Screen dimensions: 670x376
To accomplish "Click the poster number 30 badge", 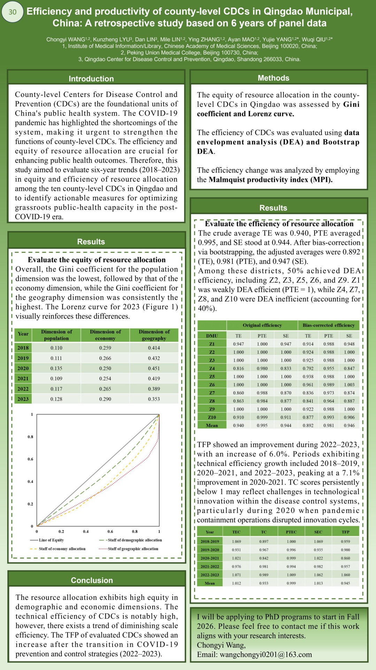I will tap(13, 12).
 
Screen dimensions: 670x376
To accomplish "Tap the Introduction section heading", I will tap(91, 79).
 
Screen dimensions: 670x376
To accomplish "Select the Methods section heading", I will tap(273, 78).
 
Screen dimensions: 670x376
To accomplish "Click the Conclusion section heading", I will tap(92, 580).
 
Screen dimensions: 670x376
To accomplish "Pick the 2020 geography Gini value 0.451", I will tap(154, 368).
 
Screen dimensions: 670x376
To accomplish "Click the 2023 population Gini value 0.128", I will tap(56, 399).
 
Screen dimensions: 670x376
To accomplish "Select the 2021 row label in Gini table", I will tap(23, 378).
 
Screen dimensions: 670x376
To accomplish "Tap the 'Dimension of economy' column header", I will tap(105, 335).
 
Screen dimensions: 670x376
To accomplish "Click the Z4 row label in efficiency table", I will tap(212, 368).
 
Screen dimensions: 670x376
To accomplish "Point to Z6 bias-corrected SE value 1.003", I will tap(349, 385).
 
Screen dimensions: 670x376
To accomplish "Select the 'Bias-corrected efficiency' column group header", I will tap(328, 325).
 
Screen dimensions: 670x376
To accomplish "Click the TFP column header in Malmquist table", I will tap(345, 532).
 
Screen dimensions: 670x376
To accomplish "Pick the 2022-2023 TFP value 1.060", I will tap(345, 575).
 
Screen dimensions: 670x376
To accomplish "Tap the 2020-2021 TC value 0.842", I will tap(264, 558).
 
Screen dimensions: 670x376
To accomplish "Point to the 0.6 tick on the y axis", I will tap(31, 459).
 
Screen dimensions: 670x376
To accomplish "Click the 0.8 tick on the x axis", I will tap(135, 531).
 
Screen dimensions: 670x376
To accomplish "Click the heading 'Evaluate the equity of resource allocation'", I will tap(97, 260).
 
